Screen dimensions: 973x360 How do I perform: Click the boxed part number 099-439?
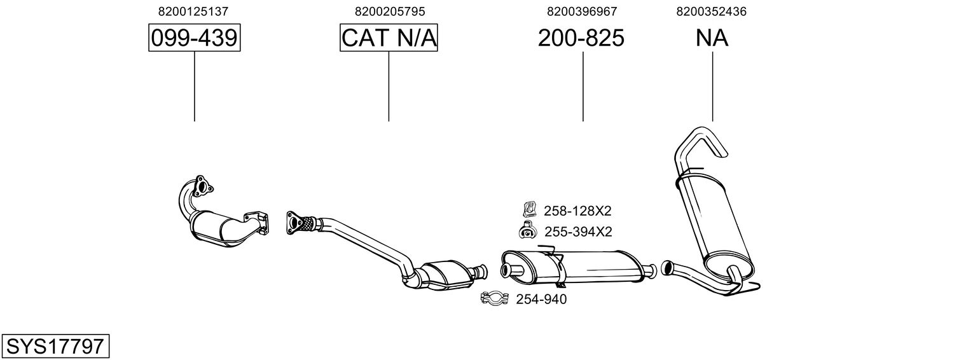click(x=194, y=39)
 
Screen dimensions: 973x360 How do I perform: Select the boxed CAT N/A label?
click(x=389, y=39)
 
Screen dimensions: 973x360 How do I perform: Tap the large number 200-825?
click(x=581, y=39)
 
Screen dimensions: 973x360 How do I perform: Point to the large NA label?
click(x=712, y=39)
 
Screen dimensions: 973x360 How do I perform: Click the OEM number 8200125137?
click(x=193, y=11)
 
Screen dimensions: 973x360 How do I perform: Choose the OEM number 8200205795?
click(x=389, y=11)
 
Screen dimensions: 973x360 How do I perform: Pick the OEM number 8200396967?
click(x=581, y=11)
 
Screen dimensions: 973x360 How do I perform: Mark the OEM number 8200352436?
click(x=712, y=11)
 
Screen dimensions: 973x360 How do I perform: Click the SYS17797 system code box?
click(x=55, y=347)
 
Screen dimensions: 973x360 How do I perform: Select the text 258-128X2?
click(x=577, y=211)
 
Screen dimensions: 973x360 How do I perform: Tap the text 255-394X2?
click(x=577, y=232)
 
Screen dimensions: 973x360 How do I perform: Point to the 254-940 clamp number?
click(x=541, y=299)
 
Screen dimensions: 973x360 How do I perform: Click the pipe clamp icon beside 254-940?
click(x=494, y=298)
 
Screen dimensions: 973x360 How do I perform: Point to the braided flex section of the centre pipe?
click(x=308, y=223)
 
